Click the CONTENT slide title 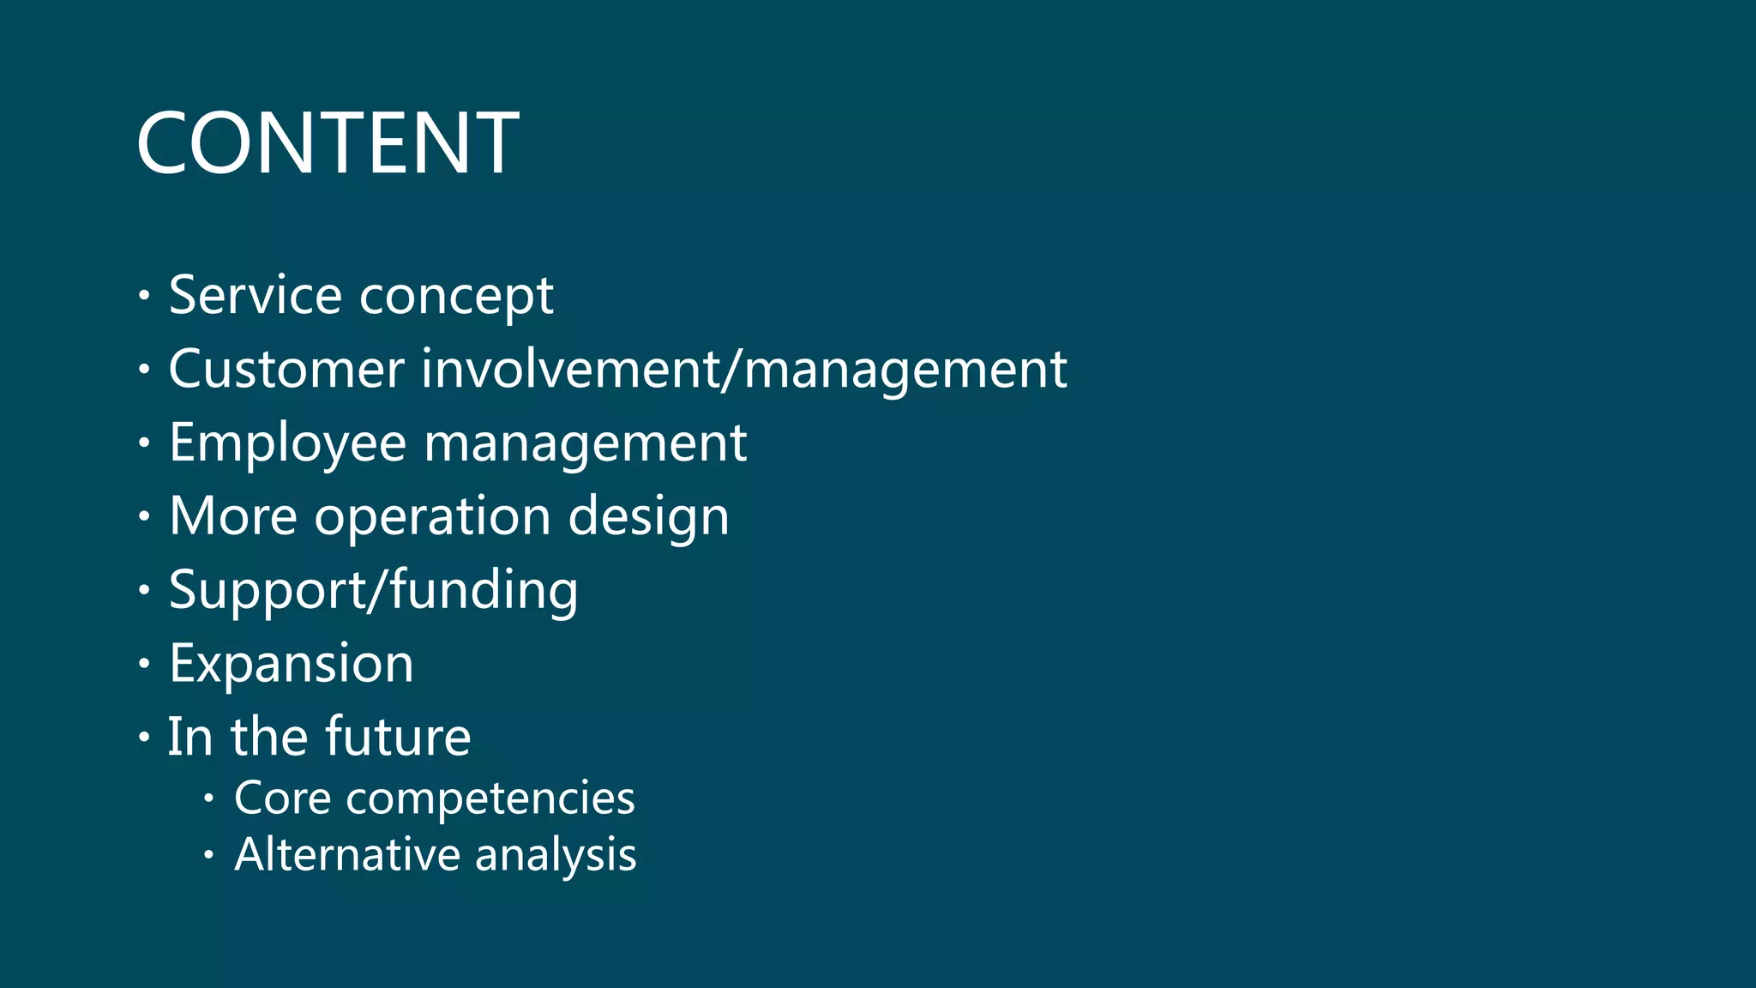pos(328,143)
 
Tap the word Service pos(256,295)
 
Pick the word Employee pos(287,444)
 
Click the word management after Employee pos(586,444)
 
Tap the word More pos(233,516)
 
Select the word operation pos(432,518)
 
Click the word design pos(648,518)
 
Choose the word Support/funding pos(374,592)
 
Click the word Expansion pos(292,664)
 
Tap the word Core pos(282,798)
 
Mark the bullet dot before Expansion pos(144,664)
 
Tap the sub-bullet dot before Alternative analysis pos(208,855)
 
